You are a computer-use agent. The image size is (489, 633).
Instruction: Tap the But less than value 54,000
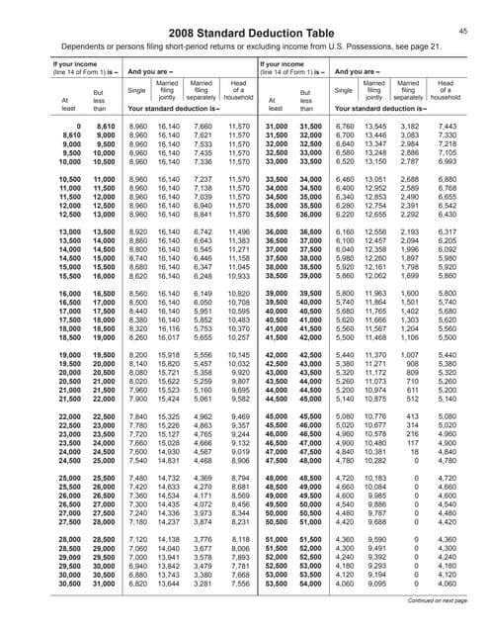pyautogui.click(x=309, y=584)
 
